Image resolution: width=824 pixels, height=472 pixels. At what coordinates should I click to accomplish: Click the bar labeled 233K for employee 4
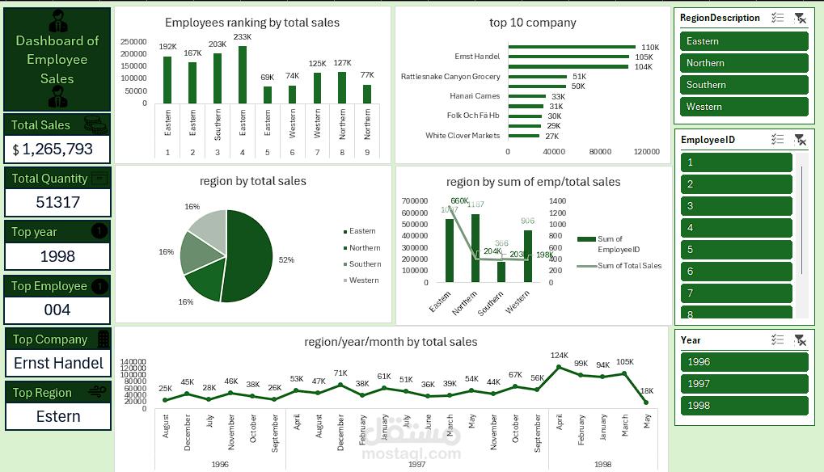(243, 74)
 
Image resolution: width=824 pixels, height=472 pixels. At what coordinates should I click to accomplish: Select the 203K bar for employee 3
(218, 78)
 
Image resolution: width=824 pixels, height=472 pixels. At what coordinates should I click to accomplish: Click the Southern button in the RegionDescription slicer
(741, 85)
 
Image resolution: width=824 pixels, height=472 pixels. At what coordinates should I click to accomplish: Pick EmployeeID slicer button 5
(736, 250)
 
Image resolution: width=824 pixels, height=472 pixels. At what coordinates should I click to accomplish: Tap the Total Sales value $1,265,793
(57, 149)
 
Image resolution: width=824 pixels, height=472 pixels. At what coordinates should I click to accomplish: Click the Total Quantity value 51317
(57, 202)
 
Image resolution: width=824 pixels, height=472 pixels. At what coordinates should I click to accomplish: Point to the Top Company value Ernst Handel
(58, 363)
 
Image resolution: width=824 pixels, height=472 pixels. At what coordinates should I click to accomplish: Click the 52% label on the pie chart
(286, 260)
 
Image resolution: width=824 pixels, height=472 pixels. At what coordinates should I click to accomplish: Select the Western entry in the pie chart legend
(363, 280)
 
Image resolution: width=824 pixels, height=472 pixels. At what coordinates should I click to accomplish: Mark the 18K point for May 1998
(647, 402)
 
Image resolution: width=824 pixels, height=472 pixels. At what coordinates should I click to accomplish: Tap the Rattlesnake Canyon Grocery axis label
(450, 77)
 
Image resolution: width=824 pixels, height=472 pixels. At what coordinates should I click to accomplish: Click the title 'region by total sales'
(252, 181)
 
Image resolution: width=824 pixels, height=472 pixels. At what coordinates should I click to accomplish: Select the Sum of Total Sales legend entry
(628, 265)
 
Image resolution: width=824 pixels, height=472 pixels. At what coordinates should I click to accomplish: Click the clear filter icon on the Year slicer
(800, 340)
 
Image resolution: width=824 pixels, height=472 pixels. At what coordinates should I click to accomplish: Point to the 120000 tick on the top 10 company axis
(646, 151)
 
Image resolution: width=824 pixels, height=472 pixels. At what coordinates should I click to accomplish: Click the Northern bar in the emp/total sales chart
(475, 248)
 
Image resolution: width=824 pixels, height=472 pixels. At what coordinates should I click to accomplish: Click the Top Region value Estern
(58, 416)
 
